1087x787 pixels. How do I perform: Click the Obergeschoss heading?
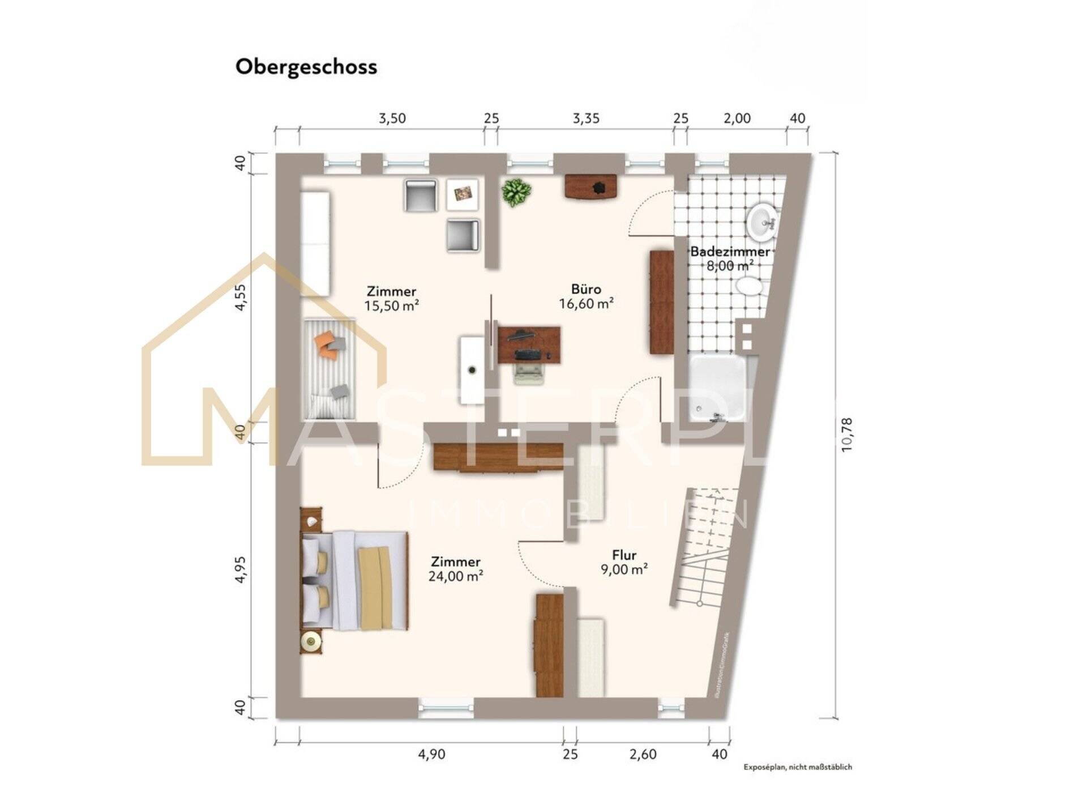tap(306, 67)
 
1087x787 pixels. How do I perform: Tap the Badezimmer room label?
tap(730, 252)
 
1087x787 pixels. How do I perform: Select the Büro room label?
tap(586, 290)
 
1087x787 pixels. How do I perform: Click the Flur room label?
tap(624, 555)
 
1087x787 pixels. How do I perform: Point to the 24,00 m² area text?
tap(456, 577)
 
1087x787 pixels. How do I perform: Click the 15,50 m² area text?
tap(391, 307)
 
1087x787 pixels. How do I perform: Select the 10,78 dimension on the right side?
tap(846, 435)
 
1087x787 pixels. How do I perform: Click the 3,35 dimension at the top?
tap(585, 118)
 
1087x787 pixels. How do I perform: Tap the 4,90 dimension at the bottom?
tap(431, 755)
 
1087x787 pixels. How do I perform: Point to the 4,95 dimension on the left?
tap(241, 569)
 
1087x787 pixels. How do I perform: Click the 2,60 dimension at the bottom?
tap(643, 755)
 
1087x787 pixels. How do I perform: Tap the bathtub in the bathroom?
tap(718, 389)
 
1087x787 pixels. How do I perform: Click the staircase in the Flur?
tap(705, 547)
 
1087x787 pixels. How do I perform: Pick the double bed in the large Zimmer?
tap(354, 581)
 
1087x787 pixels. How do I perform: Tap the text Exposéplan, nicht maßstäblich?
tap(797, 767)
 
